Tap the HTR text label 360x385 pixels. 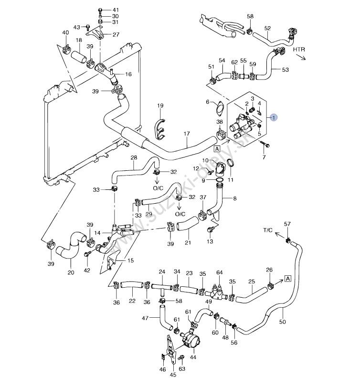(299, 49)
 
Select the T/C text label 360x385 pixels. (268, 230)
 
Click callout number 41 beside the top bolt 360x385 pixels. (116, 10)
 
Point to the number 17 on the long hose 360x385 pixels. (187, 134)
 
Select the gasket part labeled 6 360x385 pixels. (219, 108)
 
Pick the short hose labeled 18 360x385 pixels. (79, 58)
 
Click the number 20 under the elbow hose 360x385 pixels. (71, 273)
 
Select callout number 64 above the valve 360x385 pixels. (220, 273)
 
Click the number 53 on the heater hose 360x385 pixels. (286, 70)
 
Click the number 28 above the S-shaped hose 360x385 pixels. (134, 158)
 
